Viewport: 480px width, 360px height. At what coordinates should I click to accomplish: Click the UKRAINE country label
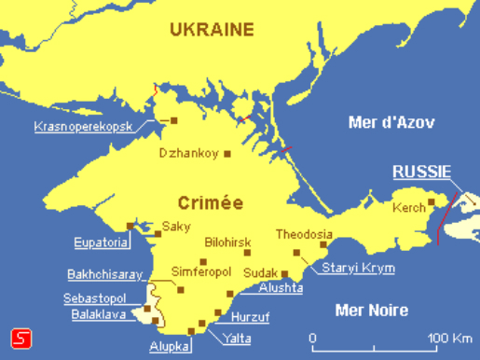[x=212, y=29]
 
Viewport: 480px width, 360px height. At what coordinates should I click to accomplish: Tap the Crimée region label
[x=211, y=201]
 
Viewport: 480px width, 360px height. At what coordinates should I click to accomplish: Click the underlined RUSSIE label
[x=421, y=172]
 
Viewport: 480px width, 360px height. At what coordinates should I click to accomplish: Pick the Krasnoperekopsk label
[x=82, y=126]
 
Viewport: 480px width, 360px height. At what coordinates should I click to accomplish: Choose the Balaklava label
[x=99, y=314]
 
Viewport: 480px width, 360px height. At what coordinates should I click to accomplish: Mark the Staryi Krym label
[x=358, y=269]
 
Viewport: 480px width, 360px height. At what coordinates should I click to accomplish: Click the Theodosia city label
[x=304, y=235]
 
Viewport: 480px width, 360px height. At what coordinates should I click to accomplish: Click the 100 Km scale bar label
[x=446, y=336]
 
